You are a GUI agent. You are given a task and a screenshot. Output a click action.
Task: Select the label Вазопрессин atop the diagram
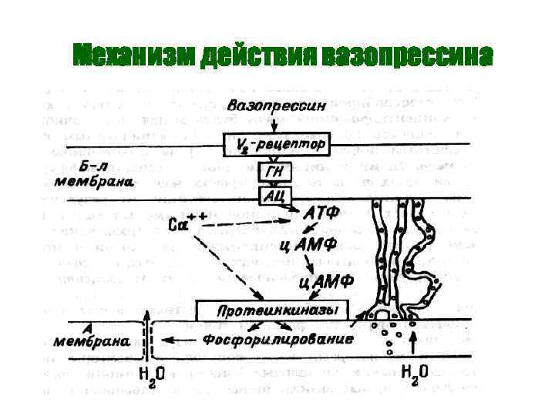pyautogui.click(x=276, y=104)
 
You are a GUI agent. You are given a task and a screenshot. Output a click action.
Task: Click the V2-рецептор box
pyautogui.click(x=277, y=144)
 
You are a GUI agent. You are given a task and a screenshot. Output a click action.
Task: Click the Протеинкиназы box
pyautogui.click(x=272, y=310)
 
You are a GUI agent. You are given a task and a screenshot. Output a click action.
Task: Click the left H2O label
pyautogui.click(x=148, y=377)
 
